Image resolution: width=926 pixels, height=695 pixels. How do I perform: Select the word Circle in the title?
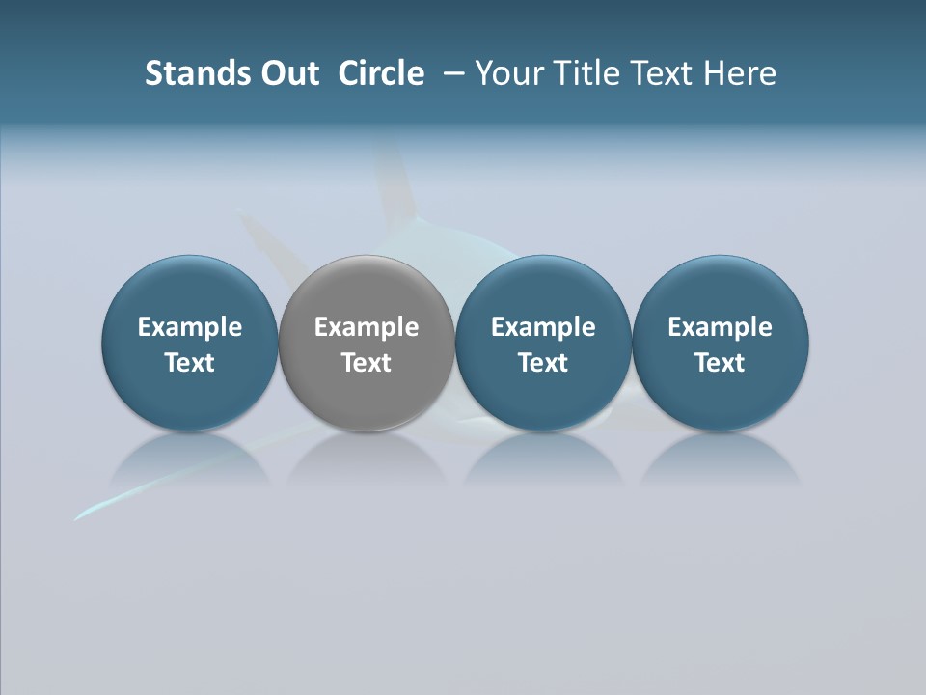[x=381, y=73]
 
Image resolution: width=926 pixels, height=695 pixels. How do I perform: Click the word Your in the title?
[x=508, y=73]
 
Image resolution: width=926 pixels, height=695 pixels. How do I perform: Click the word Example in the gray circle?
[x=367, y=327]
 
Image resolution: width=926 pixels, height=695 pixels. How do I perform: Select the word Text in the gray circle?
[x=367, y=363]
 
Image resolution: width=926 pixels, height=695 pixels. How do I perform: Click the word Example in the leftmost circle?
[x=190, y=327]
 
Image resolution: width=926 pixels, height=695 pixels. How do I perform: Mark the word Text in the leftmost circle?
[x=190, y=363]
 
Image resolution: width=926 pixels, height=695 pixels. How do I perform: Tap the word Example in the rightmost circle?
[x=720, y=327]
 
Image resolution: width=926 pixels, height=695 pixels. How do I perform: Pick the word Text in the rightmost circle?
[x=720, y=363]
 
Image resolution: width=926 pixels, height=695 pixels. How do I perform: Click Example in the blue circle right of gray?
[x=543, y=327]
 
